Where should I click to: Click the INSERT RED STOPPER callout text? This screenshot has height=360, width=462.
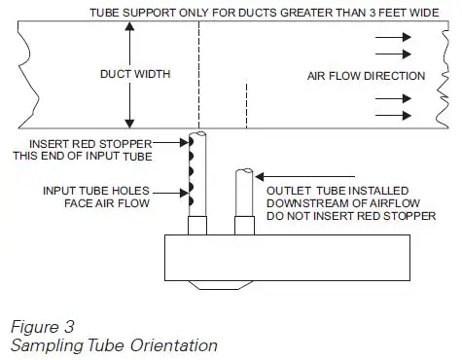pos(88,145)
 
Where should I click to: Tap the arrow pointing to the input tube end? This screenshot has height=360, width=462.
pos(166,145)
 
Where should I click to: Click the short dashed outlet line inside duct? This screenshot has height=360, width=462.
pos(247,107)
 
